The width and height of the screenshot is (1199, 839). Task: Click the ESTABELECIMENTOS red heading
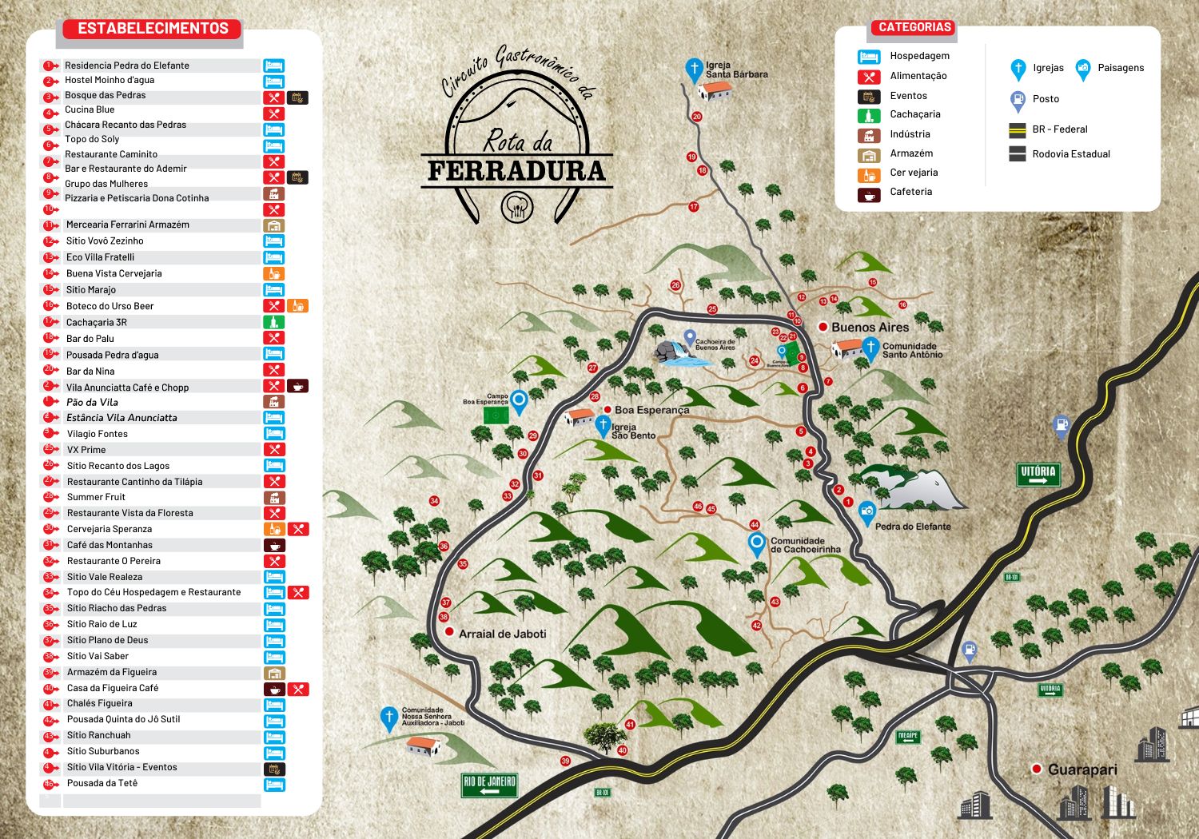coord(153,29)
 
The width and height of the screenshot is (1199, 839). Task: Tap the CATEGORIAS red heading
coord(914,27)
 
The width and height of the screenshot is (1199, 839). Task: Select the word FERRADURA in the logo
coord(516,171)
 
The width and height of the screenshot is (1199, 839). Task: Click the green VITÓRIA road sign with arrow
coord(1038,475)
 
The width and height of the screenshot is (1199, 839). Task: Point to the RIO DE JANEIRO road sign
coord(489,785)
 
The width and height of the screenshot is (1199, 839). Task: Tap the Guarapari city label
coord(1082,769)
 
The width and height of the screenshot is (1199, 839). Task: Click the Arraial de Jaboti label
coord(502,634)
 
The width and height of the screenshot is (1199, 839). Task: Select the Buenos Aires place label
coord(870,328)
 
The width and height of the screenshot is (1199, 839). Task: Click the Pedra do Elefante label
coord(913,527)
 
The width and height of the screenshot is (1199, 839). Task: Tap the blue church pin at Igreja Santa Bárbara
coord(694,69)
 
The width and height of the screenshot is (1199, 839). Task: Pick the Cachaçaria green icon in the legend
coord(869,115)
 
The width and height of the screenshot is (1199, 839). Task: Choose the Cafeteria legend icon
coord(869,193)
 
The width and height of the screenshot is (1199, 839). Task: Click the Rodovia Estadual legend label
coord(1070,154)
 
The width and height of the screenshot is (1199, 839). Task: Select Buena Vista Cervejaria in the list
coord(114,273)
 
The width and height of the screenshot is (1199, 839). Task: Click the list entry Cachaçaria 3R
coord(96,322)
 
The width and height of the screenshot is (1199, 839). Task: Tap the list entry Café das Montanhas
coord(110,545)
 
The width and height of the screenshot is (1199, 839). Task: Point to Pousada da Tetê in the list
coord(102,783)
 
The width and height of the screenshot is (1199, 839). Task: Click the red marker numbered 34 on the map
coord(434,501)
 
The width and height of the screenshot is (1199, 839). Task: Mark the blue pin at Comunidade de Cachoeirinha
coord(756,543)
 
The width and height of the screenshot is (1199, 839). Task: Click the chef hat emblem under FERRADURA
coord(516,208)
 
